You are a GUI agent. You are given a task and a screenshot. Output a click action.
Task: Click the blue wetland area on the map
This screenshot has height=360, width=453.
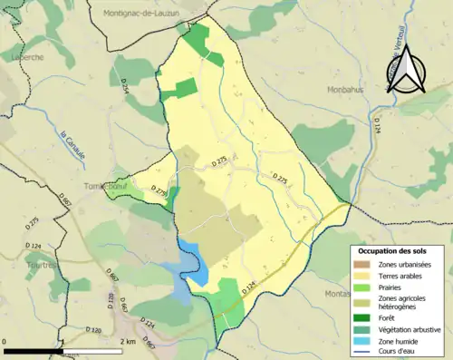click(192, 268)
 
